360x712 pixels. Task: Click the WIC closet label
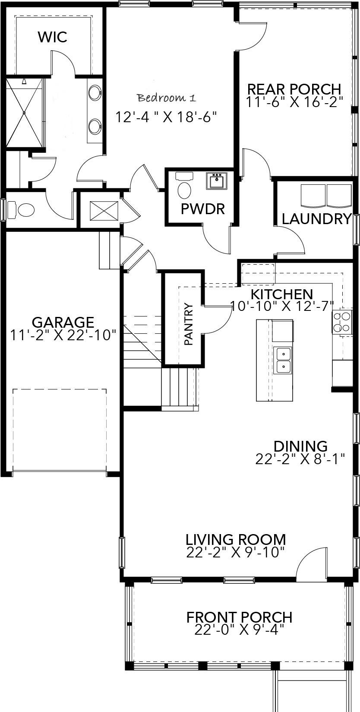[52, 37]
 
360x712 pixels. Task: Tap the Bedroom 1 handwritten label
[167, 98]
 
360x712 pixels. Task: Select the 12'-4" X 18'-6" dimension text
[166, 117]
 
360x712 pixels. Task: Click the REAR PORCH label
[294, 89]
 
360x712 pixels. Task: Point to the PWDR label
[202, 209]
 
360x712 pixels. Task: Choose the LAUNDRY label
[316, 219]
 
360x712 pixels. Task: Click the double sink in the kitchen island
[283, 360]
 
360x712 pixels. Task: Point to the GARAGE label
[63, 322]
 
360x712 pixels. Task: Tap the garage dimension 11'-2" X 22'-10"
[63, 335]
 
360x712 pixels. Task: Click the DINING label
[300, 446]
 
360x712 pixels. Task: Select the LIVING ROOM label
[236, 539]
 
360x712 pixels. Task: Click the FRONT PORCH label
[239, 617]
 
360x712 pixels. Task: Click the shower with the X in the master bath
[24, 113]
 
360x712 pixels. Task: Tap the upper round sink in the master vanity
[95, 92]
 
